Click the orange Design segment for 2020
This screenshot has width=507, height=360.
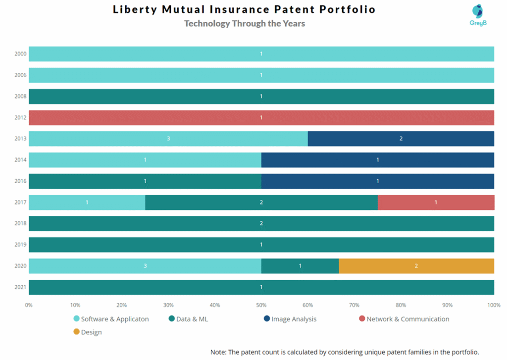[416, 266]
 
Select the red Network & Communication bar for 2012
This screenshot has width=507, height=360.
[261, 118]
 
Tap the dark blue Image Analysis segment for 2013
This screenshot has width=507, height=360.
[401, 139]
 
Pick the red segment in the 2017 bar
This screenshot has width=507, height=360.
[436, 203]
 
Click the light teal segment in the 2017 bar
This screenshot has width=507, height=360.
[87, 203]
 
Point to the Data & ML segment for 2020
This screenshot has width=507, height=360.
[300, 266]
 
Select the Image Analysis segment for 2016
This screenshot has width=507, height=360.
[378, 181]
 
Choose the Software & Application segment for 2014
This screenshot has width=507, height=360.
[145, 160]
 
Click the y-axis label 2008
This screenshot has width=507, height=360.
[21, 97]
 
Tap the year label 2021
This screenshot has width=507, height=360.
[21, 288]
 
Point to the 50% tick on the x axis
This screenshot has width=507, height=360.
[261, 306]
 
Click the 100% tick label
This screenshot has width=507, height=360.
[493, 306]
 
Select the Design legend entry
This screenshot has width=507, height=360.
[91, 332]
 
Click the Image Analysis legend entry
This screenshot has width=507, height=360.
[294, 319]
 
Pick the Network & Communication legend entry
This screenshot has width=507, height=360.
[407, 319]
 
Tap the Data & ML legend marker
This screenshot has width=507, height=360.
[172, 319]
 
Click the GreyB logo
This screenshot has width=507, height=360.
[478, 15]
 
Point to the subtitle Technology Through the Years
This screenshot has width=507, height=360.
[245, 24]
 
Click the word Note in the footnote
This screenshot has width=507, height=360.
[218, 352]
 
